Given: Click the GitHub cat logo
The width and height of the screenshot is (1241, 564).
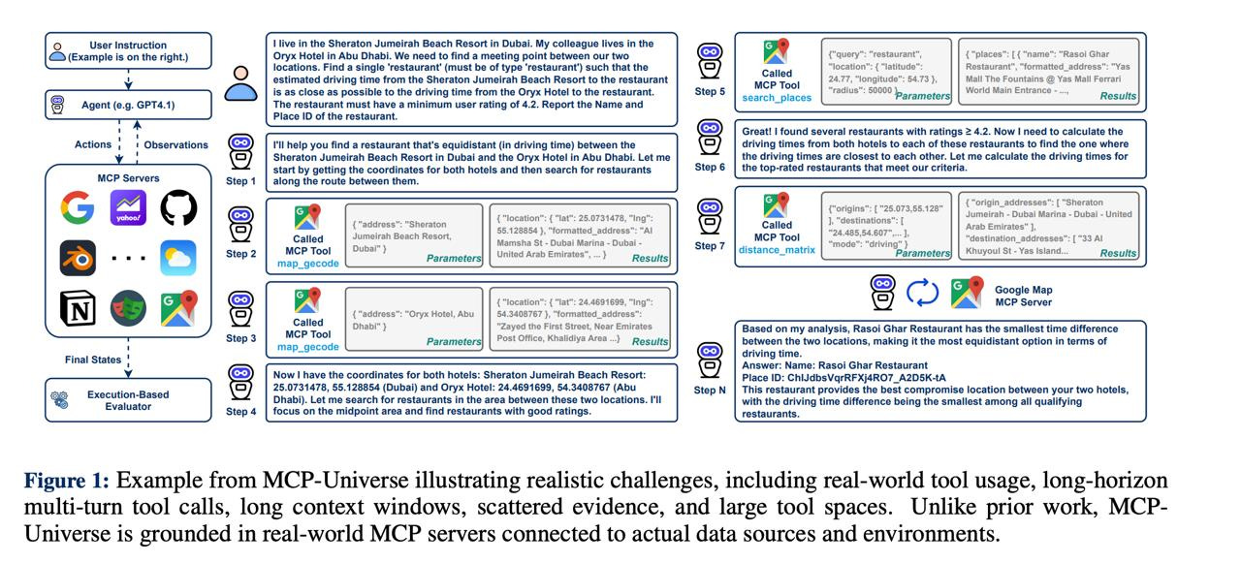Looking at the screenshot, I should point(177,207).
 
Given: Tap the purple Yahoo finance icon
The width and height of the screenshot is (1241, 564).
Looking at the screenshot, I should point(128,207).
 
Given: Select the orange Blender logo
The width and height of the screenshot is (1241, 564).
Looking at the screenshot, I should point(78,258).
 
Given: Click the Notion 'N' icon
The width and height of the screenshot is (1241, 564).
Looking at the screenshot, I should point(78,309).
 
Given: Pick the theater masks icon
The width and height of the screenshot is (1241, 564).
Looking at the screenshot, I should point(128,309).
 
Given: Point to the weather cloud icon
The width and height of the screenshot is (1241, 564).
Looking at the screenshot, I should point(177,258).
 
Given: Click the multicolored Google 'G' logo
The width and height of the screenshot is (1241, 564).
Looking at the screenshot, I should point(78,207).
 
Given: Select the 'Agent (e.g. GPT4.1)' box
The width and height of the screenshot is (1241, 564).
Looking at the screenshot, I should point(128,104).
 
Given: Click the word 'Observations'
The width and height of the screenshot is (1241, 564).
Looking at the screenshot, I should point(176,145).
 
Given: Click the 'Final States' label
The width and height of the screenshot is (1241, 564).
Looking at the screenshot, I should point(93,360).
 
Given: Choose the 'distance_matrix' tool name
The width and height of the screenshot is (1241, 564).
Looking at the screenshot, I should point(777,250).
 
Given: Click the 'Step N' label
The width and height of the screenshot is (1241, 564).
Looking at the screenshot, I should point(710,390).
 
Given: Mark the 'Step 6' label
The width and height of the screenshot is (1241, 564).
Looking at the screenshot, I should point(710,167).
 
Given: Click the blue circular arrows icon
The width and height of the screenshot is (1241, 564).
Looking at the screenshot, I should point(922,292).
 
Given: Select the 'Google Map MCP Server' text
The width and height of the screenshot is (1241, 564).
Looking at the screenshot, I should point(1023,296).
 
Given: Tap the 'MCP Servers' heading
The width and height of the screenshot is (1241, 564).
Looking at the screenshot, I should point(128,178).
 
